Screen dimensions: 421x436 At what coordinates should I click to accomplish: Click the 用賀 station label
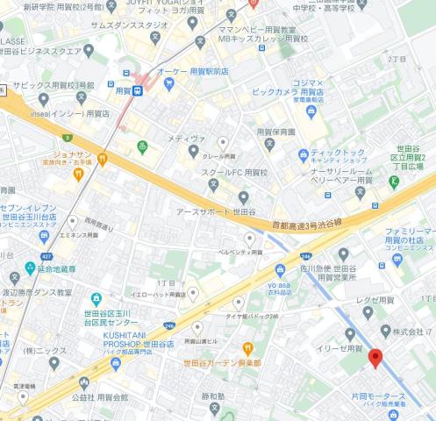(x=125, y=89)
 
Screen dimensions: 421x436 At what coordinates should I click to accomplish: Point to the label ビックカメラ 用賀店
(x=286, y=90)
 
